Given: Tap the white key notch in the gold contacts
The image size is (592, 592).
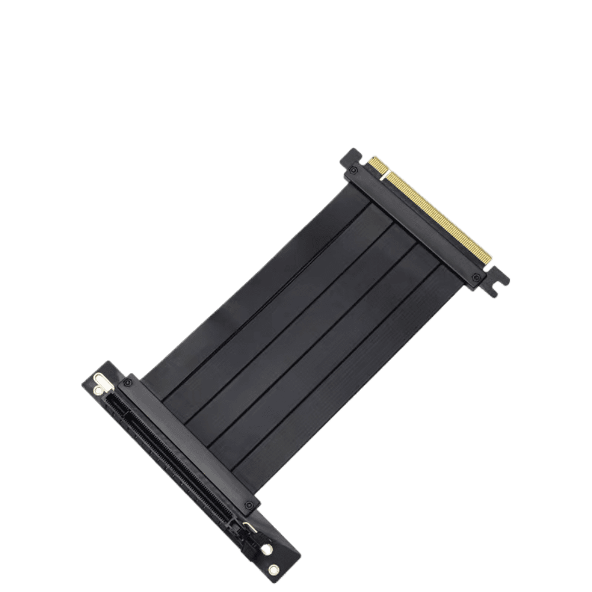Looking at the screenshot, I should pyautogui.click(x=385, y=175).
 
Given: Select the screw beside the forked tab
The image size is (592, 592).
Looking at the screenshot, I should pyautogui.click(x=477, y=278).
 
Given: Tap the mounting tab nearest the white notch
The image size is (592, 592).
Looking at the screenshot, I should pyautogui.click(x=350, y=157).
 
